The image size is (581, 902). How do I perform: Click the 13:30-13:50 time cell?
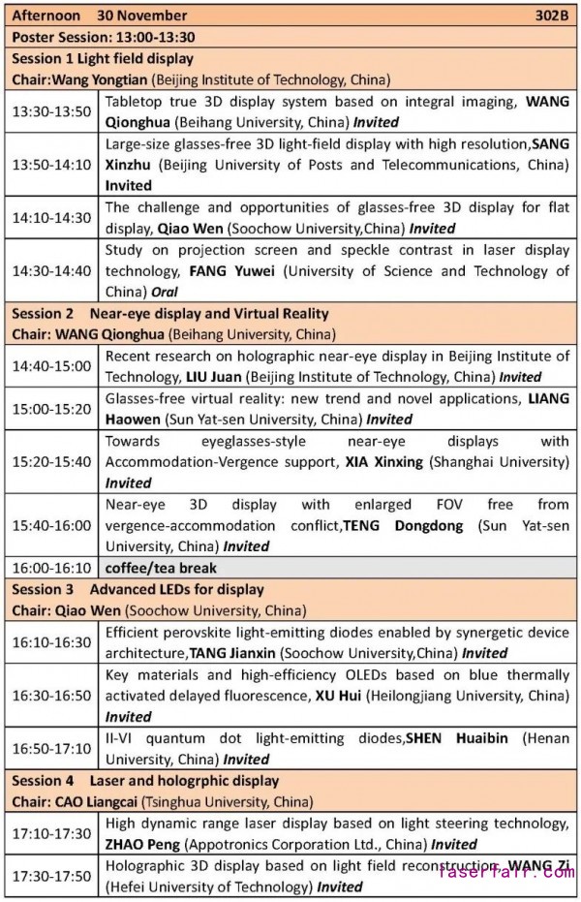click(52, 111)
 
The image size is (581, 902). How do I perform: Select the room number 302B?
click(553, 16)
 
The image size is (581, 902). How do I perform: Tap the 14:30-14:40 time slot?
click(52, 270)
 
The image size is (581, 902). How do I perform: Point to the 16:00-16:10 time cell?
click(52, 568)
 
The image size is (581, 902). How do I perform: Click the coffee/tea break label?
click(161, 568)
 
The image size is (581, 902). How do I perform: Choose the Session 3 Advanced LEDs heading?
click(138, 589)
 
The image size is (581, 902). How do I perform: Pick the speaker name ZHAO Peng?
click(145, 844)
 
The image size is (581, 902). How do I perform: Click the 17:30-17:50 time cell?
click(52, 876)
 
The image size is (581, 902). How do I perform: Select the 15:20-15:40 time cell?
click(52, 461)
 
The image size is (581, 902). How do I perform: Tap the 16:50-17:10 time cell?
click(52, 748)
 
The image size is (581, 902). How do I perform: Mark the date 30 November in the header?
click(141, 16)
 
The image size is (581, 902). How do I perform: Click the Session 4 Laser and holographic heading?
click(145, 780)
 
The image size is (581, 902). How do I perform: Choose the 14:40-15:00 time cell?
click(52, 366)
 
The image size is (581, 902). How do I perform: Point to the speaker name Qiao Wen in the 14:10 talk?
click(188, 229)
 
